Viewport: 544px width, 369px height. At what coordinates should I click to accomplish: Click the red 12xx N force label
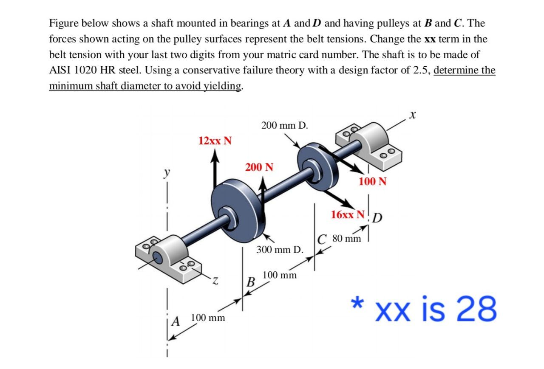tap(215, 141)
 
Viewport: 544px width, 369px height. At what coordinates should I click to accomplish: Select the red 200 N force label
tap(259, 167)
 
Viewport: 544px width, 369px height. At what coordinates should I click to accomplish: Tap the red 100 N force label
tap(372, 182)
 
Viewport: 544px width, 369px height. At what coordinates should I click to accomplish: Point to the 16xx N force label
tap(347, 214)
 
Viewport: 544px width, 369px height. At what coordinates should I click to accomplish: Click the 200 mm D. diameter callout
tap(285, 125)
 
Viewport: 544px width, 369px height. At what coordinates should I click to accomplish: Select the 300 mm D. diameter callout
tap(279, 249)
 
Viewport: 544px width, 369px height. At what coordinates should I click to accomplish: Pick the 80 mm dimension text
tap(346, 238)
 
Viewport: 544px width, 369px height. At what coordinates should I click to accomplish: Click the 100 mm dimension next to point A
tap(208, 318)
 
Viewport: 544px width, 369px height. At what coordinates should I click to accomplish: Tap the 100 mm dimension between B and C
tap(279, 275)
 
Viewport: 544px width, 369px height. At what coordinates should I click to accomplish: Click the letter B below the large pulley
tap(251, 282)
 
